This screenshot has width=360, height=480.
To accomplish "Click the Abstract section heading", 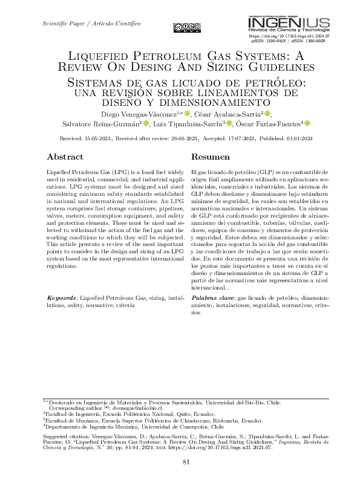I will tap(65, 157).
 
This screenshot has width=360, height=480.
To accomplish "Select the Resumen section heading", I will tap(210, 157).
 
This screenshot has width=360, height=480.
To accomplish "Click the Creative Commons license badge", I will tap(187, 27).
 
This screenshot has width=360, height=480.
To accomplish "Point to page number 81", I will tap(187, 462).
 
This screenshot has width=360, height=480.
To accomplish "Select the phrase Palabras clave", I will tap(213, 298).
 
